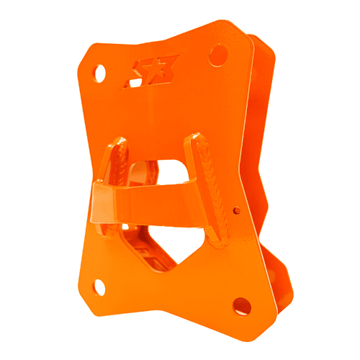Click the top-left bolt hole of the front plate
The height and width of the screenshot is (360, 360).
point(100,72)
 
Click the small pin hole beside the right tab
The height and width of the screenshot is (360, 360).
point(237,210)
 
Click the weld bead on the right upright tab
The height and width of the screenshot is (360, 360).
point(210,180)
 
